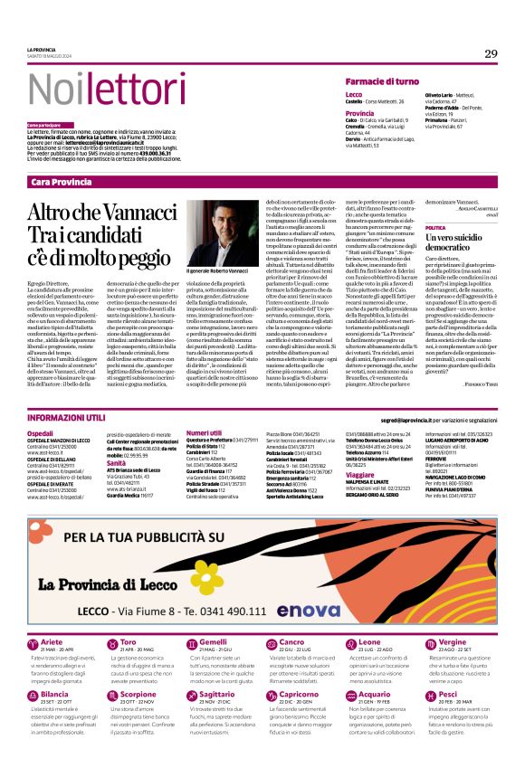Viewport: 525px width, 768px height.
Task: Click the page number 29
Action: pyautogui.click(x=491, y=54)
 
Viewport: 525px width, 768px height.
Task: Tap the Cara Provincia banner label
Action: pyautogui.click(x=62, y=183)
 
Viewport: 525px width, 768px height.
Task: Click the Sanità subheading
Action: pyautogui.click(x=118, y=460)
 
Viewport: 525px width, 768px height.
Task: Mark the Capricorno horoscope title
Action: pyautogui.click(x=299, y=668)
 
